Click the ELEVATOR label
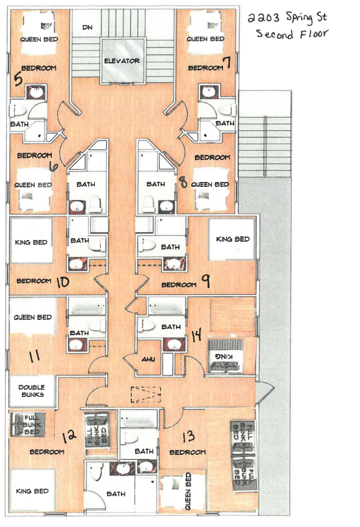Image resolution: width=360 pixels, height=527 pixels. click(x=122, y=61)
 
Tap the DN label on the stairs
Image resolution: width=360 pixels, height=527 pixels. click(x=87, y=27)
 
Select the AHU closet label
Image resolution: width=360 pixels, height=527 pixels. click(x=148, y=359)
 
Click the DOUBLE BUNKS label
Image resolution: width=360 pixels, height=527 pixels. click(x=32, y=391)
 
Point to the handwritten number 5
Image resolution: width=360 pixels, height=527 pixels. click(x=18, y=79)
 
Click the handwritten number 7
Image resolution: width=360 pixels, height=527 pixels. click(x=228, y=62)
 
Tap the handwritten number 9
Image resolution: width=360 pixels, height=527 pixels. click(x=206, y=281)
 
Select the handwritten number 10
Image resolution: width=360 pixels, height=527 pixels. click(x=63, y=282)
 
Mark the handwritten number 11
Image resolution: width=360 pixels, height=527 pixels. click(x=34, y=356)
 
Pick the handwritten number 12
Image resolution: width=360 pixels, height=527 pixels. click(x=69, y=436)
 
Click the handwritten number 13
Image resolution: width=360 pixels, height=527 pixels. click(x=189, y=436)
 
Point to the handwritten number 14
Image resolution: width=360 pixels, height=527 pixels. click(x=196, y=335)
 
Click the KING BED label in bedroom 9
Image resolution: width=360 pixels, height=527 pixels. click(x=233, y=239)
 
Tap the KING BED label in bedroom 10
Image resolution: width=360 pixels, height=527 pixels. click(x=31, y=242)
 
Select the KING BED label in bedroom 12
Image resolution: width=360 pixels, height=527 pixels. click(x=32, y=491)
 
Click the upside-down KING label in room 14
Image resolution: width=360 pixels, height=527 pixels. click(x=223, y=356)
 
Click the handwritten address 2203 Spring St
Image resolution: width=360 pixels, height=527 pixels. click(x=287, y=18)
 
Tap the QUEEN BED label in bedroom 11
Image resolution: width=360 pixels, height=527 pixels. click(x=32, y=318)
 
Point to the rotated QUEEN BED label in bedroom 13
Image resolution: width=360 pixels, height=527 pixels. click(x=188, y=491)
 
